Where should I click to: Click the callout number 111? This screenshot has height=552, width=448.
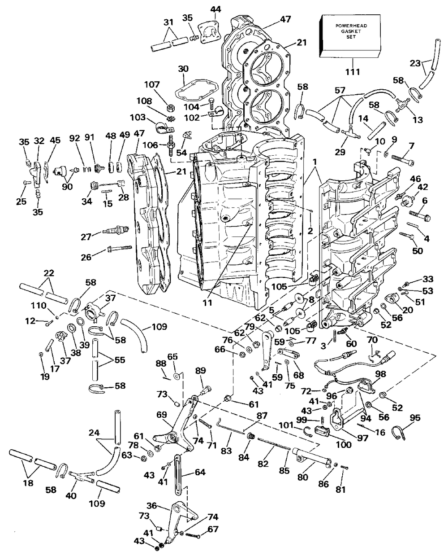click(353, 72)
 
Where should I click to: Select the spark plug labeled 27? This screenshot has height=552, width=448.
click(116, 230)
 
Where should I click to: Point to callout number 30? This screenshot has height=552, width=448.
click(183, 69)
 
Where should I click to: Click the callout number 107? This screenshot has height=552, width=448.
click(152, 84)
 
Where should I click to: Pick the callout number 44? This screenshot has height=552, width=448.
click(215, 9)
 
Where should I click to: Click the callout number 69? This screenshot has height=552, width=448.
click(162, 414)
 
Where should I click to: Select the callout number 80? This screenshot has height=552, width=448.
click(303, 477)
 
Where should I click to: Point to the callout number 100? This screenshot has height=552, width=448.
click(344, 445)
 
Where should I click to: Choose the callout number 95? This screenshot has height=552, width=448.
click(415, 417)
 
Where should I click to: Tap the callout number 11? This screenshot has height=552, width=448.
click(207, 302)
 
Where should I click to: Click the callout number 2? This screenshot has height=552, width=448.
click(310, 231)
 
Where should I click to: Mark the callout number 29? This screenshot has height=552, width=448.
click(340, 152)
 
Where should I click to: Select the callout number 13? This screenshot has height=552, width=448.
click(418, 120)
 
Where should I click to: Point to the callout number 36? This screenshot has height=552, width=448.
click(152, 506)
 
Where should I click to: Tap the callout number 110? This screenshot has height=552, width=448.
click(39, 306)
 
